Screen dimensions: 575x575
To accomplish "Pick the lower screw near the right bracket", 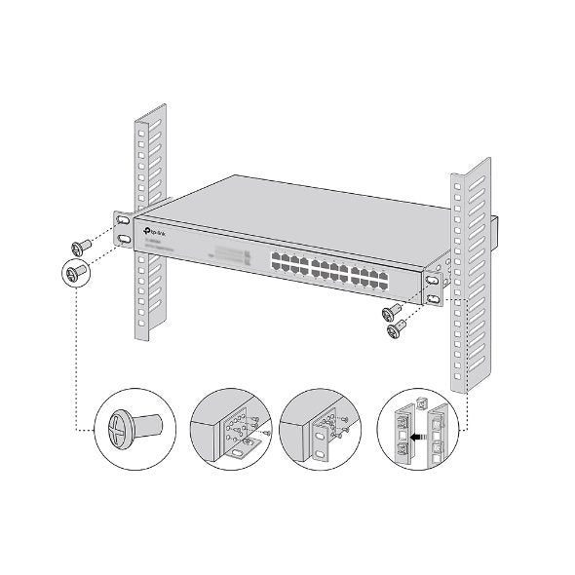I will (396, 331).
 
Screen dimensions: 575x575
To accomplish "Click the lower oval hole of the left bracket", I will (125, 239).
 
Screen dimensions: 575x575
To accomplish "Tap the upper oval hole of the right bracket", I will (432, 281).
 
